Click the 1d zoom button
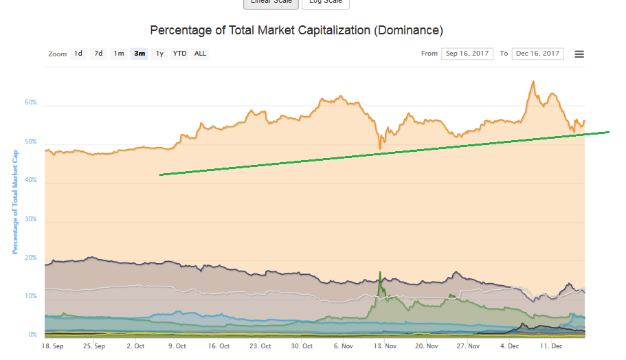(x=78, y=54)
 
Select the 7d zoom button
(x=99, y=54)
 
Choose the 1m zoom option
(x=119, y=54)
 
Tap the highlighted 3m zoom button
(x=139, y=54)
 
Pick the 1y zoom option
(x=159, y=54)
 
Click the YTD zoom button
(x=179, y=54)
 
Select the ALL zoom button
(x=200, y=54)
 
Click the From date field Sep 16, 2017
(x=467, y=54)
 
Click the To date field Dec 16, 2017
(x=538, y=54)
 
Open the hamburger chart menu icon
(x=579, y=54)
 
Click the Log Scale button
(x=325, y=3)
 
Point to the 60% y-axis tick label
(x=31, y=103)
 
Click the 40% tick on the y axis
(x=31, y=181)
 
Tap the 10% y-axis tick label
(x=32, y=296)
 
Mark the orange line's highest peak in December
(x=533, y=82)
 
